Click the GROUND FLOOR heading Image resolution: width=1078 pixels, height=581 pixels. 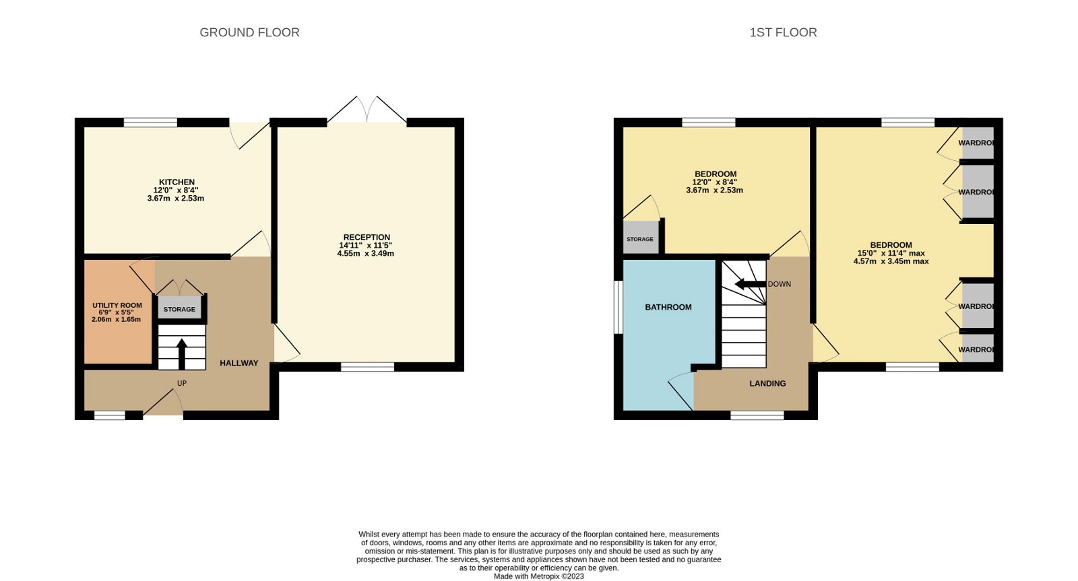[x=249, y=32]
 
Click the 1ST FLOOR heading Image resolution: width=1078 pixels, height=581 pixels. [x=783, y=32]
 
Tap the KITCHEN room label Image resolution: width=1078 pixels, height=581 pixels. [x=177, y=182]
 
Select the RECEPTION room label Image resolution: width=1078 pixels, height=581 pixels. [x=367, y=237]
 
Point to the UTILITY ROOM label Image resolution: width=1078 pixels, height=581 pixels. [x=117, y=306]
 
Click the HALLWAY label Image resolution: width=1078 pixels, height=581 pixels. [x=239, y=364]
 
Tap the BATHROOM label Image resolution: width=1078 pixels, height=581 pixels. [x=668, y=307]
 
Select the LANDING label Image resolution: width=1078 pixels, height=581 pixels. [x=767, y=384]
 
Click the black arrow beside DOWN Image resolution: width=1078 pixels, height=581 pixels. [x=749, y=284]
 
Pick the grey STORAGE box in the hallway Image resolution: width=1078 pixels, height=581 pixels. [x=179, y=309]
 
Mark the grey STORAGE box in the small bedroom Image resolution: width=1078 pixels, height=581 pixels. [x=640, y=238]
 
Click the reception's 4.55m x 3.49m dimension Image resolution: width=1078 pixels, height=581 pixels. [x=366, y=254]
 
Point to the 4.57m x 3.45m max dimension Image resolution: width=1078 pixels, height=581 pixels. [x=891, y=261]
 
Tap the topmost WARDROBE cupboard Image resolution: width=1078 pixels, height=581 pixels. [x=976, y=143]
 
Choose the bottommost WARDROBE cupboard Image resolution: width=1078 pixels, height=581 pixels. [x=976, y=349]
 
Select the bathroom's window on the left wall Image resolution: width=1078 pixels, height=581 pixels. [x=617, y=307]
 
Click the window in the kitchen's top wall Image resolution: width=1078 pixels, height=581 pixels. [x=150, y=123]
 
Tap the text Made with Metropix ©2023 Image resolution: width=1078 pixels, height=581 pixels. [x=538, y=576]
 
